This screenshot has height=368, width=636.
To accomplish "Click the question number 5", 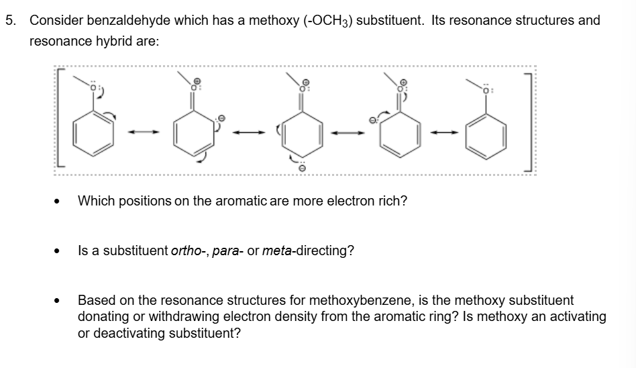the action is pyautogui.click(x=11, y=20).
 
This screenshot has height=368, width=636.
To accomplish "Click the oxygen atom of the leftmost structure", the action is pyautogui.click(x=95, y=87).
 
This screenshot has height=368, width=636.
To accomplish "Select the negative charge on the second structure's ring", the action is pyautogui.click(x=219, y=119).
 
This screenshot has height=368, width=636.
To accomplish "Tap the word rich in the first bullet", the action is pyautogui.click(x=392, y=201).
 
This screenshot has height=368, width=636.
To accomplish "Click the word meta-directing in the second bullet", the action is pyautogui.click(x=308, y=251).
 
